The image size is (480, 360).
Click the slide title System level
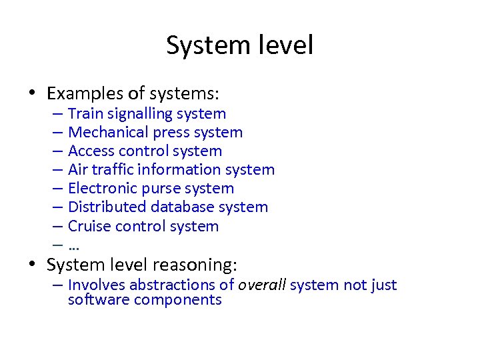click(x=239, y=46)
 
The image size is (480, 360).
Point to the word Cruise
click(x=89, y=226)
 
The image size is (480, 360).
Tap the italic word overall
click(x=262, y=285)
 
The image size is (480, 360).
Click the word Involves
click(x=96, y=285)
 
